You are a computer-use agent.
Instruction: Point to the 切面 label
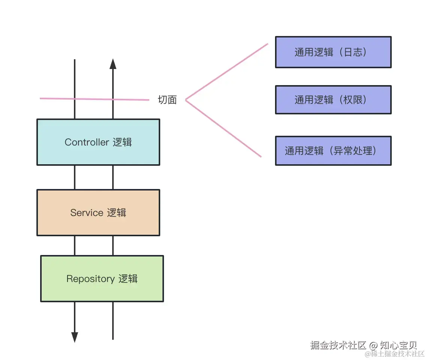(x=167, y=100)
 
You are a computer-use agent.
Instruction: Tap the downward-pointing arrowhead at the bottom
(x=75, y=337)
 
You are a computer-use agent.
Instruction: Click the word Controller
(x=87, y=142)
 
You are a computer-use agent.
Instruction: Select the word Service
(x=87, y=213)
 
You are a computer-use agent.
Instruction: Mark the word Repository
(x=90, y=279)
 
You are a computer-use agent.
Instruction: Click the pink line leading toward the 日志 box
(x=227, y=71)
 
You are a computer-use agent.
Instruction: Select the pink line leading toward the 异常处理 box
(x=224, y=129)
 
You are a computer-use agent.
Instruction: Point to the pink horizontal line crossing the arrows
(x=94, y=99)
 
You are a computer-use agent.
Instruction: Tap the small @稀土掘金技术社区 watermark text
(x=394, y=354)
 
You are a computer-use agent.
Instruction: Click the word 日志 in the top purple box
(x=353, y=52)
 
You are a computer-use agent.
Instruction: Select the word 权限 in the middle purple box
(x=353, y=99)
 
